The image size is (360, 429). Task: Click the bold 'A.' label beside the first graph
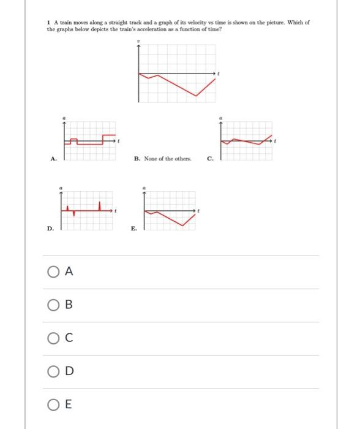coord(53,158)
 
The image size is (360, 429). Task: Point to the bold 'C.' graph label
coord(211,158)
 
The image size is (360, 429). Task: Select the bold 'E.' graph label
coord(134,229)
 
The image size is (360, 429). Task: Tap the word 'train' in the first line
coord(66,22)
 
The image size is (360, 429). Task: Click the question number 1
coord(48,22)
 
